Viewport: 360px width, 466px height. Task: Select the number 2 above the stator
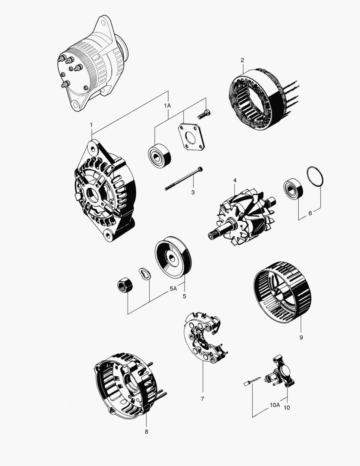click(x=242, y=60)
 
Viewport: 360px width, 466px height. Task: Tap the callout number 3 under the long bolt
click(x=193, y=192)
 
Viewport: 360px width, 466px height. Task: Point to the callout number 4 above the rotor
click(x=235, y=180)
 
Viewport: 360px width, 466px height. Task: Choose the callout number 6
click(x=310, y=213)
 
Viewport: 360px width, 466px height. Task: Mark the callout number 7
click(x=202, y=399)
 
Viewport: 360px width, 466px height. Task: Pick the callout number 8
click(x=146, y=431)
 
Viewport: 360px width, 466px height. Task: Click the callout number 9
click(x=301, y=337)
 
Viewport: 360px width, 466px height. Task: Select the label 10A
click(x=275, y=405)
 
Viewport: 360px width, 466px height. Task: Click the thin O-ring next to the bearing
click(x=315, y=177)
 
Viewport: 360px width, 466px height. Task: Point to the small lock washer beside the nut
click(x=144, y=274)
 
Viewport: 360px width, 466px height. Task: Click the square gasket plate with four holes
click(x=189, y=138)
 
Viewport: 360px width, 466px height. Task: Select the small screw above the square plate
click(x=204, y=114)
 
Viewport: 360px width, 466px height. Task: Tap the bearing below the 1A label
click(x=160, y=154)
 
